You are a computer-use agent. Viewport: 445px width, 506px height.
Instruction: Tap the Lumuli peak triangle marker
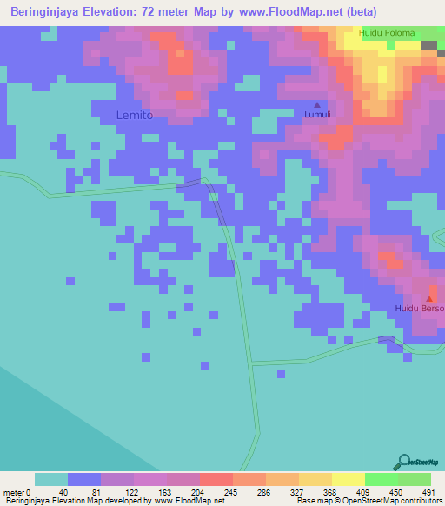pyautogui.click(x=316, y=104)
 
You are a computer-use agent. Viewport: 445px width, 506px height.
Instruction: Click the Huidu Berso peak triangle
pyautogui.click(x=428, y=299)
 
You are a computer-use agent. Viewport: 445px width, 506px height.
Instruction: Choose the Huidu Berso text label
pyautogui.click(x=419, y=309)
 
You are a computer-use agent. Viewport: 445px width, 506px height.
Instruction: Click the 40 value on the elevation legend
pyautogui.click(x=62, y=492)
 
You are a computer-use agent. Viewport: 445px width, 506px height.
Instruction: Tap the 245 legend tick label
pyautogui.click(x=230, y=492)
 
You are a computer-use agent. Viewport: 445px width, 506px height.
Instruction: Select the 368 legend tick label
pyautogui.click(x=330, y=492)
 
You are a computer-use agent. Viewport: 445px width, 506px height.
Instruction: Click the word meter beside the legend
pyautogui.click(x=15, y=492)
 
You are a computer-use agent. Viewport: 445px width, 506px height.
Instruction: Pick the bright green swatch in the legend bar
pyautogui.click(x=381, y=479)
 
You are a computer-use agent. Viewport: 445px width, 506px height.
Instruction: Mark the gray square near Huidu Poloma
pyautogui.click(x=429, y=44)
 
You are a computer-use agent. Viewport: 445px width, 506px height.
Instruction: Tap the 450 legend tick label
pyautogui.click(x=396, y=492)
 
